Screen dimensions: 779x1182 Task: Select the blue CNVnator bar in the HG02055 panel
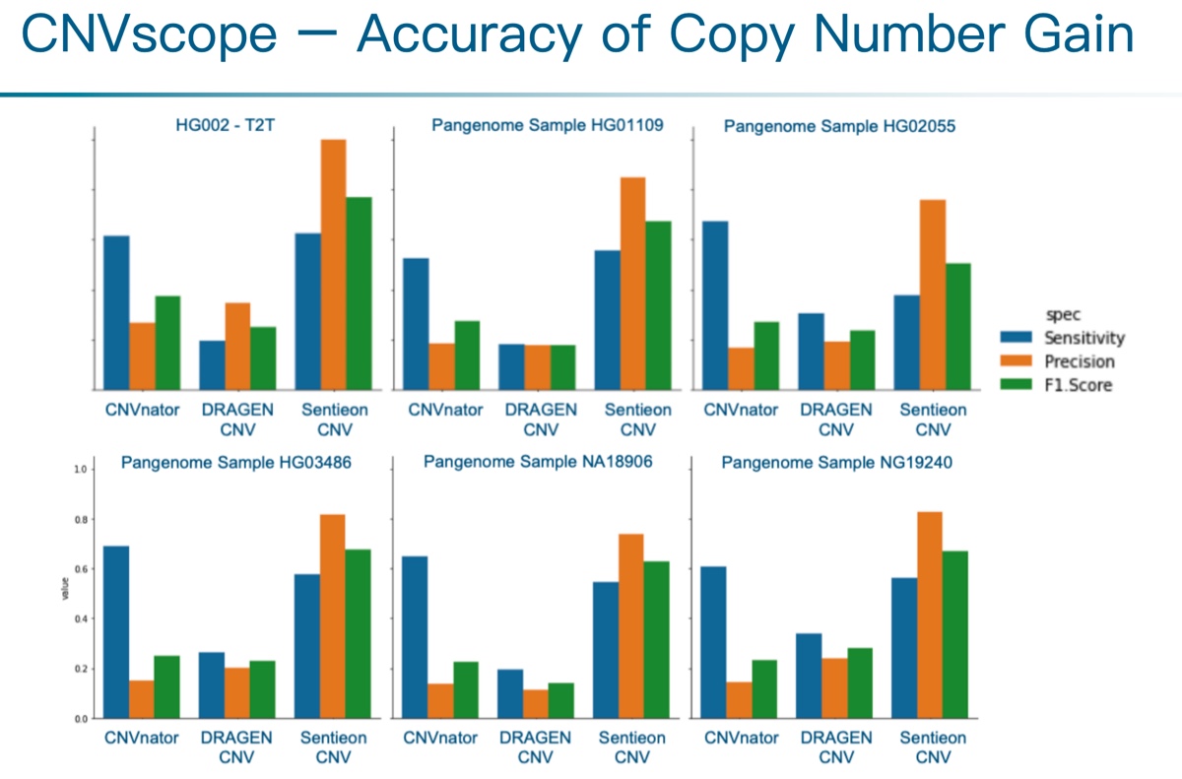coord(715,304)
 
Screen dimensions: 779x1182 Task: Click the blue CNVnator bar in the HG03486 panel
coord(116,631)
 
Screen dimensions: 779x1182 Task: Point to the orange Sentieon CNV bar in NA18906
coord(631,625)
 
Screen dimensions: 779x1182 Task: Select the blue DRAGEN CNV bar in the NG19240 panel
coord(809,676)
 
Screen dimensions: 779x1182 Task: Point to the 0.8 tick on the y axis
coord(81,519)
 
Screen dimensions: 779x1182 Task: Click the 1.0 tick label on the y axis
coord(81,470)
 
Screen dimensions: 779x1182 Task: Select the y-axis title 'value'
coord(65,593)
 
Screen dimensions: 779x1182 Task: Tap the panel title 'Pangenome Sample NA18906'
coord(538,461)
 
